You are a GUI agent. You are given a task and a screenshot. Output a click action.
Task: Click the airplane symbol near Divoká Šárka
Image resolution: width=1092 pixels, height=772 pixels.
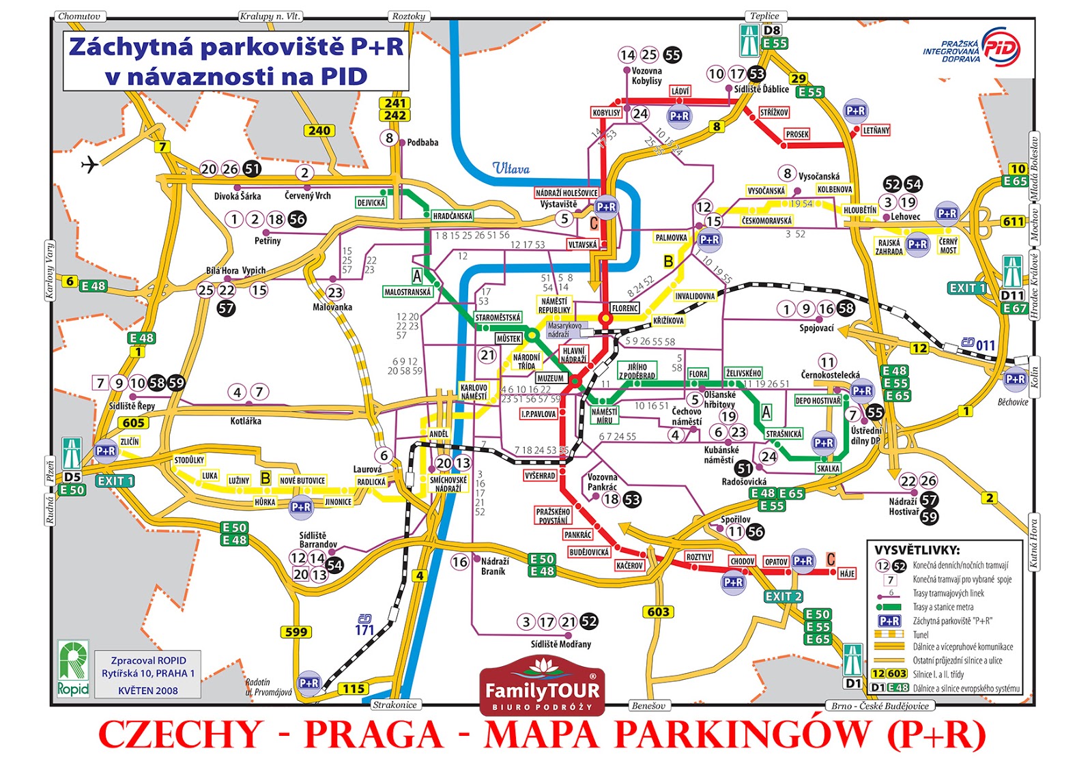(89, 165)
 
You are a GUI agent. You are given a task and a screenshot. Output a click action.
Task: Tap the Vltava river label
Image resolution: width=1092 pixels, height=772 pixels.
(511, 169)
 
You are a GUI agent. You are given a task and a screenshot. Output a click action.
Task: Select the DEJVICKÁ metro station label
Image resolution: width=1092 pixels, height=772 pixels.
(371, 202)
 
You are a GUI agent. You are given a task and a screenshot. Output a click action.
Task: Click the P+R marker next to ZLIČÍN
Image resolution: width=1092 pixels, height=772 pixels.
(105, 451)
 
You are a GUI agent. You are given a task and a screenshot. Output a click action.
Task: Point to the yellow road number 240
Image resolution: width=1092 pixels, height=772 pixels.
(319, 130)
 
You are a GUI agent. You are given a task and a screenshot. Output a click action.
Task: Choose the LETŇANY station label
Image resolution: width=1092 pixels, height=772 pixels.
(876, 130)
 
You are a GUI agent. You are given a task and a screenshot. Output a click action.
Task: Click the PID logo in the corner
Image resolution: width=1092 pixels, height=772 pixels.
(1001, 47)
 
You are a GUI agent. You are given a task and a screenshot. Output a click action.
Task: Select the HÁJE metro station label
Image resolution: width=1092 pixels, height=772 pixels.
(847, 573)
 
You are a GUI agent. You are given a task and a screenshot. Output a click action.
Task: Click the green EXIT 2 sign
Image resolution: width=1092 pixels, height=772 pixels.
(783, 596)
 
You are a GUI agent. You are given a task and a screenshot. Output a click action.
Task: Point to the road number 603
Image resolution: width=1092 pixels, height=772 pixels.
(659, 612)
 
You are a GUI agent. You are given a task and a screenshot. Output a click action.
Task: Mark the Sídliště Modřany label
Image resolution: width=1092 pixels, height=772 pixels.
(561, 644)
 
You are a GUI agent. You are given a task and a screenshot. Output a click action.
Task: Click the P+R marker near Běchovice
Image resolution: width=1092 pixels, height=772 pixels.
(1015, 379)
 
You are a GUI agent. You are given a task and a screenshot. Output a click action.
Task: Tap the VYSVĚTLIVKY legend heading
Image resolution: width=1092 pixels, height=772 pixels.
(917, 550)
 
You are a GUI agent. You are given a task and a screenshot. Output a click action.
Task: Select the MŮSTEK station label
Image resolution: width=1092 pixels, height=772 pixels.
(508, 339)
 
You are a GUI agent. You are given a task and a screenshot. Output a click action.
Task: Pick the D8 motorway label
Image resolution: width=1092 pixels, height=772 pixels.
(772, 30)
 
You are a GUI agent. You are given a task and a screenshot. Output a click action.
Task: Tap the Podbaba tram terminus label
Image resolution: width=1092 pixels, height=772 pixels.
(422, 143)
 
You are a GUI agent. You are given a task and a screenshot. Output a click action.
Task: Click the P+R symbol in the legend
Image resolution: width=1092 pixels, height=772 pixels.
(889, 620)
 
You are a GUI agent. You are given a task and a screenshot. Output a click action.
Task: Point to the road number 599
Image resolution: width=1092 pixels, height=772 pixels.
(296, 632)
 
